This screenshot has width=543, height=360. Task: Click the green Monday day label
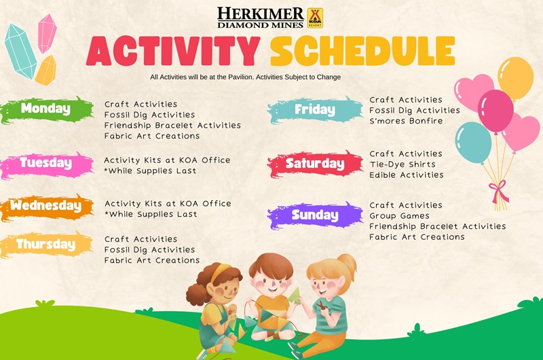point(45,109)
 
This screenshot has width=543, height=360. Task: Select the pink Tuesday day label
point(45,163)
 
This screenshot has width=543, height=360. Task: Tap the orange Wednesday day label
point(45,206)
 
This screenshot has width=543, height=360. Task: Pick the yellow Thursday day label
point(45,244)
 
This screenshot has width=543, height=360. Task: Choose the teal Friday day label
point(314,109)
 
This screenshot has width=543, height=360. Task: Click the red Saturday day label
point(314,164)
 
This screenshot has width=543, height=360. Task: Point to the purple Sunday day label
point(314,215)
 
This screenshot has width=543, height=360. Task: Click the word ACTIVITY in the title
point(172,51)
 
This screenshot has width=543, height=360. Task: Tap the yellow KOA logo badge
point(315,17)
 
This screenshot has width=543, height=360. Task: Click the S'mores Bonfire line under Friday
point(406,121)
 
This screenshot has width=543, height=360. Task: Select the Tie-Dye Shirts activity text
point(402,164)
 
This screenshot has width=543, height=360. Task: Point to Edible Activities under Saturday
point(406,175)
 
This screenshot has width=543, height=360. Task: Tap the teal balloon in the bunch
point(473,142)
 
